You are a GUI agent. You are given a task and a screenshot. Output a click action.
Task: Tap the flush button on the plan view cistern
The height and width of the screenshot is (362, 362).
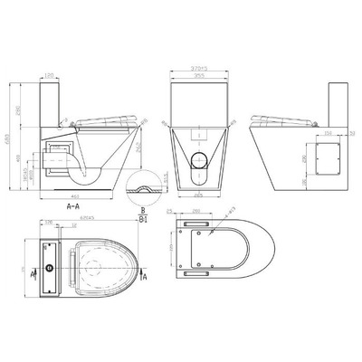point(43,270)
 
